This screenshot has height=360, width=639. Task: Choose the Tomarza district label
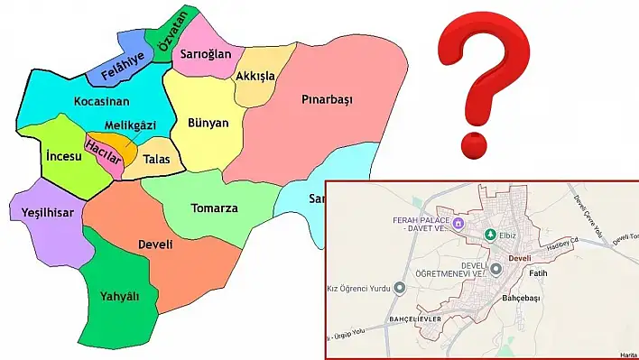215,208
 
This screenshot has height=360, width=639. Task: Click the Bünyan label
208,123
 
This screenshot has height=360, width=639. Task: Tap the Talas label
156,159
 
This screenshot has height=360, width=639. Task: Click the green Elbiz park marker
490,235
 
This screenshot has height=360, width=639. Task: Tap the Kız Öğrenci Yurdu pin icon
400,288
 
